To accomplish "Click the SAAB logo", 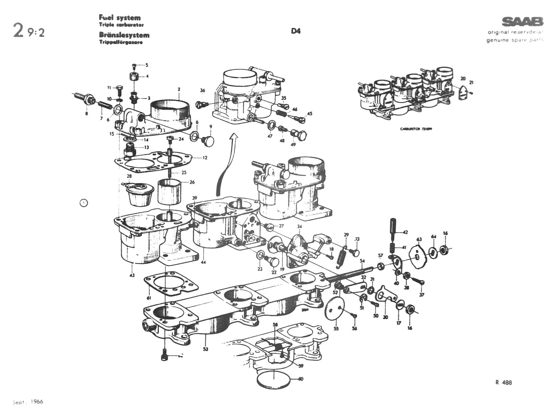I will [522, 22].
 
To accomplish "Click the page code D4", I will [295, 31].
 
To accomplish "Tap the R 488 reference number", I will [503, 383].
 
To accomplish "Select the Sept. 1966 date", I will [28, 402].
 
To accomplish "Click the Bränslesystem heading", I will [124, 35].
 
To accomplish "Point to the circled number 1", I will [84, 203].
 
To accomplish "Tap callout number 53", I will [206, 349].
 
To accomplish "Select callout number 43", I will [132, 275].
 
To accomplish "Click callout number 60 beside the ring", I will [300, 379].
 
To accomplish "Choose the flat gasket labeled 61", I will [171, 283].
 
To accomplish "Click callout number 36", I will [203, 90].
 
